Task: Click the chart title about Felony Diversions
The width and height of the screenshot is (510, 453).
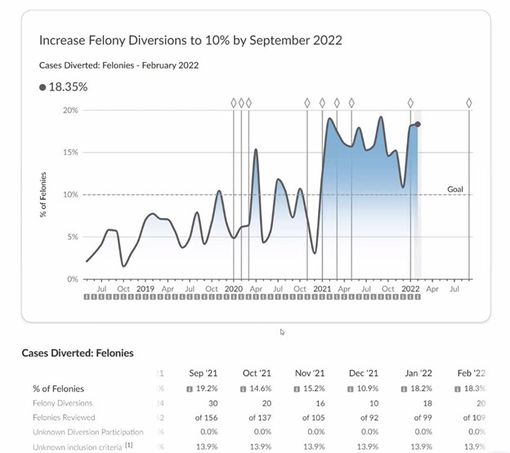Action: click(x=190, y=40)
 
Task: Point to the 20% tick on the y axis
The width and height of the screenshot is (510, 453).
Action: click(x=70, y=110)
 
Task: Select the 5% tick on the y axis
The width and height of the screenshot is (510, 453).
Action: click(x=72, y=237)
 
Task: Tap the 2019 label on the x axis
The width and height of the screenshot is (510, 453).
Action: click(x=145, y=288)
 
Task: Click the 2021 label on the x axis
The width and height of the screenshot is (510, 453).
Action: click(x=322, y=288)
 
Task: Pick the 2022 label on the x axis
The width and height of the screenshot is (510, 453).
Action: click(x=410, y=288)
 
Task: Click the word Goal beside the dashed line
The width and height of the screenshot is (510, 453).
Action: click(x=455, y=189)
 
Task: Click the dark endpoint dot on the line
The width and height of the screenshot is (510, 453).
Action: click(x=418, y=124)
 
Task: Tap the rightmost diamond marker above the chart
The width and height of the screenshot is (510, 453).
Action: click(x=469, y=103)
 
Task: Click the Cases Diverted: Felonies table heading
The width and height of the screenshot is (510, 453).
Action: click(x=77, y=353)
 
